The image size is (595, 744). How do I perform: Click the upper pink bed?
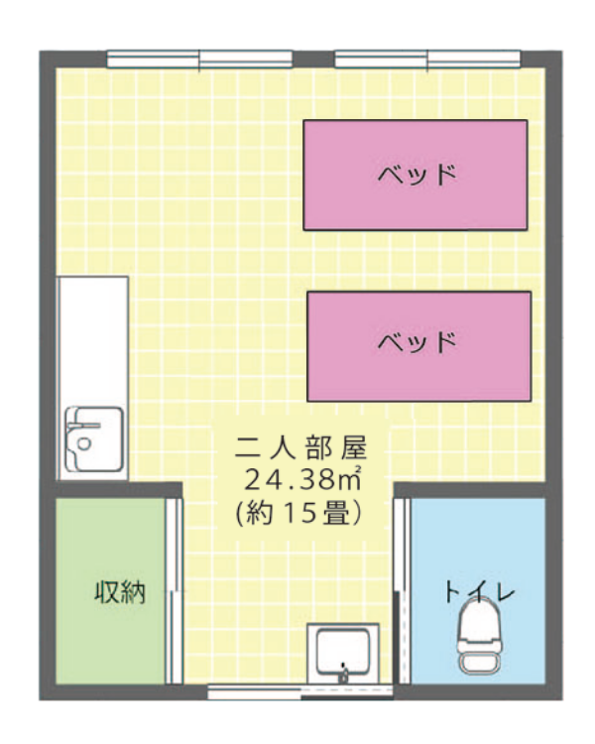(416, 175)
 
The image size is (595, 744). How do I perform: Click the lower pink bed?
(418, 346)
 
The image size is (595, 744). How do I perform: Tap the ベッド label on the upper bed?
(417, 175)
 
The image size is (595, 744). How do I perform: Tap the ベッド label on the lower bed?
(417, 341)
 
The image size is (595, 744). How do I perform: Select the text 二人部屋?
(301, 448)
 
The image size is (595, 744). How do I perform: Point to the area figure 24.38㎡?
(303, 480)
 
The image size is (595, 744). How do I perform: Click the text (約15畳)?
(299, 512)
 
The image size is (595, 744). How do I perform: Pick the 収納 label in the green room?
(120, 591)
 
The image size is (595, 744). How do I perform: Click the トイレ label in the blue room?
(479, 591)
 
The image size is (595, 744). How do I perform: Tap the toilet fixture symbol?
(478, 636)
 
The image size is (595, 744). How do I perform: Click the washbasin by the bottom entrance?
(342, 654)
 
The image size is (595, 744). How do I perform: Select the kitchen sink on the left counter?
(94, 438)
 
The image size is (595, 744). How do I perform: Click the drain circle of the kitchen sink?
(84, 443)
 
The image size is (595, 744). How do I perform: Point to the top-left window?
(199, 60)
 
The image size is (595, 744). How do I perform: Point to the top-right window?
(427, 60)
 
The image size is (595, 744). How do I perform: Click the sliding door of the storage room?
(175, 591)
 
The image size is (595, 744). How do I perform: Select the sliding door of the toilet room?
(403, 591)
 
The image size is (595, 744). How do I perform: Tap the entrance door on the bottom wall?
(300, 691)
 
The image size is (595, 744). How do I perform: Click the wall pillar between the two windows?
(313, 59)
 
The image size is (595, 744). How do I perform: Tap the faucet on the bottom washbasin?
(343, 674)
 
